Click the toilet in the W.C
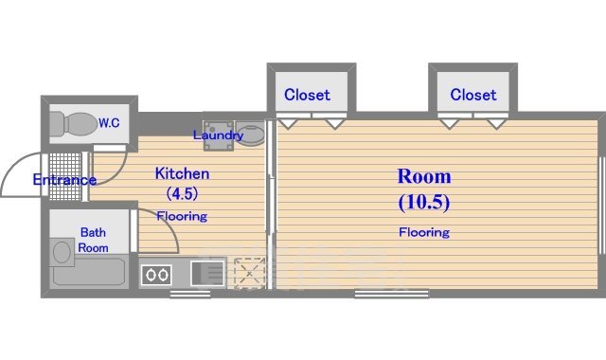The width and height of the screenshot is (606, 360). point(74,124)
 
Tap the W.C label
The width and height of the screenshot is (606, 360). point(109,123)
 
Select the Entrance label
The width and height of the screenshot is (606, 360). point(64,180)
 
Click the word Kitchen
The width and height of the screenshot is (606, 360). point(182,173)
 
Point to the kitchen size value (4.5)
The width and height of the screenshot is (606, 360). point(182,193)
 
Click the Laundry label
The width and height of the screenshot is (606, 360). point(218,135)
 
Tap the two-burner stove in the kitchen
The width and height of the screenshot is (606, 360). point(156,275)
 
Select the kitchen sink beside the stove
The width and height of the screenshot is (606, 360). point(208,274)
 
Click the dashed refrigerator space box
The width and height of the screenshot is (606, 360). point(250,273)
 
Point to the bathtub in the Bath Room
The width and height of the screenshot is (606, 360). point(89,272)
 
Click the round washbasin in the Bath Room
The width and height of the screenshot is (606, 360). point(62,252)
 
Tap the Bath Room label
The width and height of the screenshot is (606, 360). point(93,240)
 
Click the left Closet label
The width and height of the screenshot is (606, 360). point(307,95)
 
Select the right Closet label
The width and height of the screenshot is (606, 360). point(473,95)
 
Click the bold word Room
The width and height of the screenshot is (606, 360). point(424,176)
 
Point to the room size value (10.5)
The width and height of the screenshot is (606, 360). point(424,202)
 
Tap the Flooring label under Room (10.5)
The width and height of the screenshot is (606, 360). point(424,232)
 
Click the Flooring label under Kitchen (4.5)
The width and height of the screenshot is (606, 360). point(182,216)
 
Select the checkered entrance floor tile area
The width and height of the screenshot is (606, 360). point(65,176)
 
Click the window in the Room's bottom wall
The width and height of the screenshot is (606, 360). point(391,294)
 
